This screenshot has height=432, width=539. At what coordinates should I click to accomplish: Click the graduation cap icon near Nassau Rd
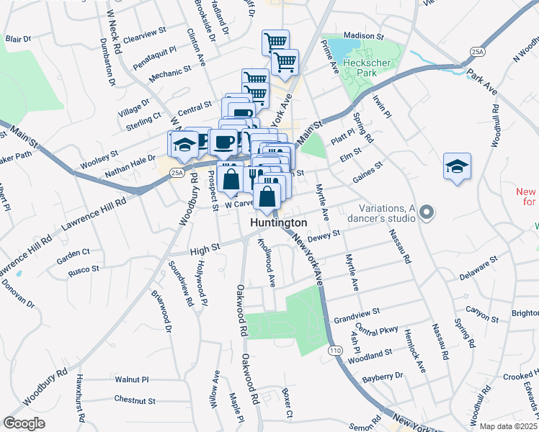tap(457, 167)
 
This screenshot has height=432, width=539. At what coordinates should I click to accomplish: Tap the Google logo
tap(24, 423)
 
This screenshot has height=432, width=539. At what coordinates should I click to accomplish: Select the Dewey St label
tap(323, 236)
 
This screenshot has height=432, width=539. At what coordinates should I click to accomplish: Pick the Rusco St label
tap(84, 269)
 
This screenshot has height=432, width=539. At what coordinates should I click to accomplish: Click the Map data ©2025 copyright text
tap(509, 426)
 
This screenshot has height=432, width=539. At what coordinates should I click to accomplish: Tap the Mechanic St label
tap(169, 72)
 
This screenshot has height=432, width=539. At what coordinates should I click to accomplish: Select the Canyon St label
tap(482, 315)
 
